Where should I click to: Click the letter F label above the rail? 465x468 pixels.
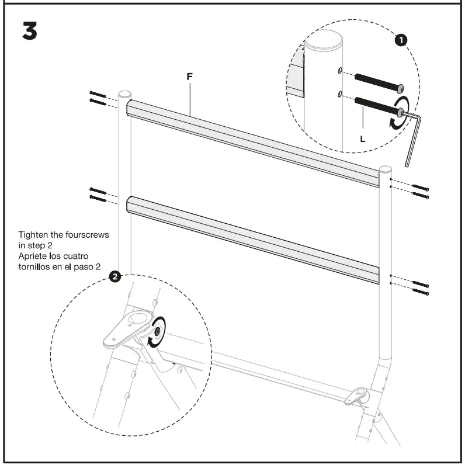189,77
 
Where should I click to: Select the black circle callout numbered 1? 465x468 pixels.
401,40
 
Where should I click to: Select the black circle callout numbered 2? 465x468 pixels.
116,276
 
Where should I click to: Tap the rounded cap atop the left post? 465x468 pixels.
124,94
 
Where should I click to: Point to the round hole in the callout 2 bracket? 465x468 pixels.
140,320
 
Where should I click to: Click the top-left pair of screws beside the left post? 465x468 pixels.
98,98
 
